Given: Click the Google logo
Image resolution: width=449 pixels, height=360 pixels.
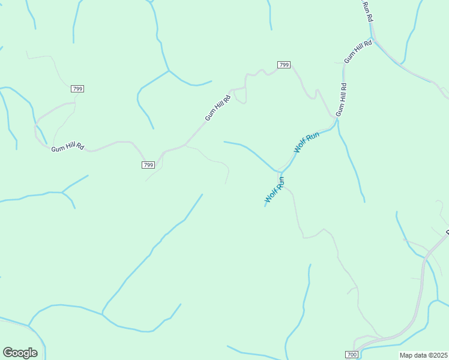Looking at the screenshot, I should (x=20, y=353).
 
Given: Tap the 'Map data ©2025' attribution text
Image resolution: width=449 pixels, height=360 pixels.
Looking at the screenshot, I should (x=424, y=355).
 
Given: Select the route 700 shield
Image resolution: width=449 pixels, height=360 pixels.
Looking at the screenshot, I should (x=352, y=355).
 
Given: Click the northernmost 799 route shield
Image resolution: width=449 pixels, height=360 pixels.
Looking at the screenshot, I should (x=284, y=65).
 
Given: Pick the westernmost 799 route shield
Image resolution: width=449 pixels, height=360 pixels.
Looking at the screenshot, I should (x=77, y=89).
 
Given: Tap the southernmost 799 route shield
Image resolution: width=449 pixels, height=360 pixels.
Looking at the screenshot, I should (x=149, y=165).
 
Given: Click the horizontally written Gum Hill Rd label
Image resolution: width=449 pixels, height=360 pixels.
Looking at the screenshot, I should (x=67, y=147).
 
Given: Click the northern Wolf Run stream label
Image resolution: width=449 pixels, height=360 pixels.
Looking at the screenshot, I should (x=306, y=142).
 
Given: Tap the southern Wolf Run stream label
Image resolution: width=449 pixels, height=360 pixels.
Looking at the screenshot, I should (x=275, y=189).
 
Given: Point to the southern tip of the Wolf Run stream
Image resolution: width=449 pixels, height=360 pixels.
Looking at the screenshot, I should (x=265, y=206).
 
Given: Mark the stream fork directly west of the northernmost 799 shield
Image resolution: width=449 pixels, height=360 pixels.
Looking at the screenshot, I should (x=169, y=71).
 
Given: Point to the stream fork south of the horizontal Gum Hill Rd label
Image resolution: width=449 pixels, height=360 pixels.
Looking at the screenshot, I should (x=62, y=193).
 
